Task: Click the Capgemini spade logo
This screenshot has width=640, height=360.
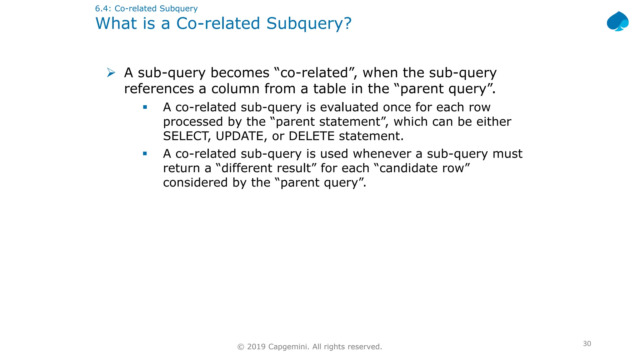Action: [617, 22]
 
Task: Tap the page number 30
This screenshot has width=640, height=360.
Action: [587, 343]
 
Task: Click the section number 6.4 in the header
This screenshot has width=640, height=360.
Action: [102, 8]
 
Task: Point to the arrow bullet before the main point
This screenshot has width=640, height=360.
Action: [111, 72]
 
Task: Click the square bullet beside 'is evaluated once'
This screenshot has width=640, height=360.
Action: [145, 107]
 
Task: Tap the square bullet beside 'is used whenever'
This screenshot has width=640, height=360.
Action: [145, 153]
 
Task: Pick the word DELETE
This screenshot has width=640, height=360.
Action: [312, 136]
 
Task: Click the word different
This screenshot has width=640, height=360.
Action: [266, 168]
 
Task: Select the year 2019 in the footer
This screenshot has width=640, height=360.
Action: [256, 347]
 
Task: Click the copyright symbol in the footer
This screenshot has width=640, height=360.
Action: [241, 347]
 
